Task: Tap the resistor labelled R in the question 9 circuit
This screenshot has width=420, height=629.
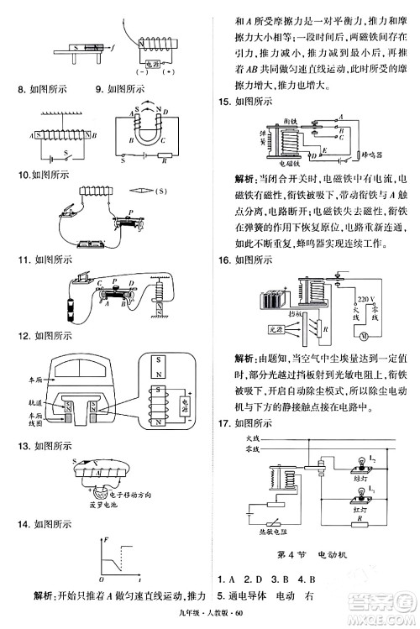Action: tap(166, 155)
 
